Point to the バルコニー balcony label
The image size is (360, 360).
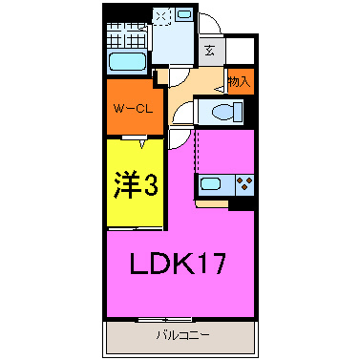tap(182, 335)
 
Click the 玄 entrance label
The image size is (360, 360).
tap(208, 50)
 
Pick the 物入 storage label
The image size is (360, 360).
tap(240, 82)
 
